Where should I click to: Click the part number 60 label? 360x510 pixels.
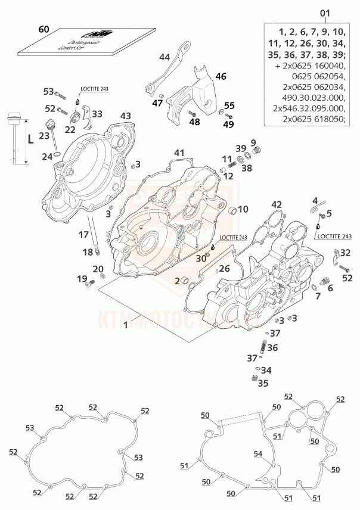(44, 29)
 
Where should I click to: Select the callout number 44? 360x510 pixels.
(165, 57)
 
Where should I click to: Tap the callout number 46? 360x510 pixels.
(221, 76)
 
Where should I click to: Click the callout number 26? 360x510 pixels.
(224, 269)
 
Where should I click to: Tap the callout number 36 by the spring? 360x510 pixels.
(272, 347)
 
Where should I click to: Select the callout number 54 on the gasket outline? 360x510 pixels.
(258, 454)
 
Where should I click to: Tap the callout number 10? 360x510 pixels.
(243, 209)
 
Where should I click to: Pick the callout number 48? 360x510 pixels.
(194, 122)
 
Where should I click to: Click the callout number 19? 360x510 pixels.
(80, 279)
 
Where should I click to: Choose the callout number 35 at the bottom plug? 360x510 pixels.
(263, 383)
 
